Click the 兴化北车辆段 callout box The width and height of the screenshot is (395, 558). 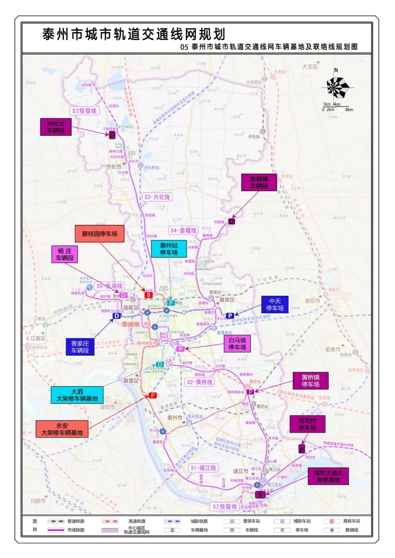click(x=56, y=127)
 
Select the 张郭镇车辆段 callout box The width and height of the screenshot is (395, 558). click(x=259, y=182)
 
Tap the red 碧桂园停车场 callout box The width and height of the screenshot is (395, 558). click(x=99, y=234)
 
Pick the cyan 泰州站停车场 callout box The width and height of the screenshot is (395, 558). click(x=169, y=249)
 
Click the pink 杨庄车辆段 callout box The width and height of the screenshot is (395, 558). click(x=65, y=254)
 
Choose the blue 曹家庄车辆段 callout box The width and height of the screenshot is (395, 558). click(x=80, y=347)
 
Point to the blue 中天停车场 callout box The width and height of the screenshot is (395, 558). click(x=275, y=305)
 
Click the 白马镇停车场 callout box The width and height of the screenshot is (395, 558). click(x=237, y=344)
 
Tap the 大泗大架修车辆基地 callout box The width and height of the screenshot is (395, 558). click(x=77, y=395)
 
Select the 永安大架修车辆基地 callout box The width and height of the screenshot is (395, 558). click(x=62, y=429)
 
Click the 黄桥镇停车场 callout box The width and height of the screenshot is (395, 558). click(x=310, y=381)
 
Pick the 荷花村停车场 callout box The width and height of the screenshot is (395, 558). click(x=307, y=424)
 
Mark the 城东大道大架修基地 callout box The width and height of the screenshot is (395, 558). click(x=328, y=476)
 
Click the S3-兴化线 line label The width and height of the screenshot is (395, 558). click(x=157, y=197)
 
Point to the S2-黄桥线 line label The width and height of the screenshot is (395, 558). click(x=199, y=382)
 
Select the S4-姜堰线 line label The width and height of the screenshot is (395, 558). click(x=183, y=230)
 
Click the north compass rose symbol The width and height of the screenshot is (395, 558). click(x=336, y=87)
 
